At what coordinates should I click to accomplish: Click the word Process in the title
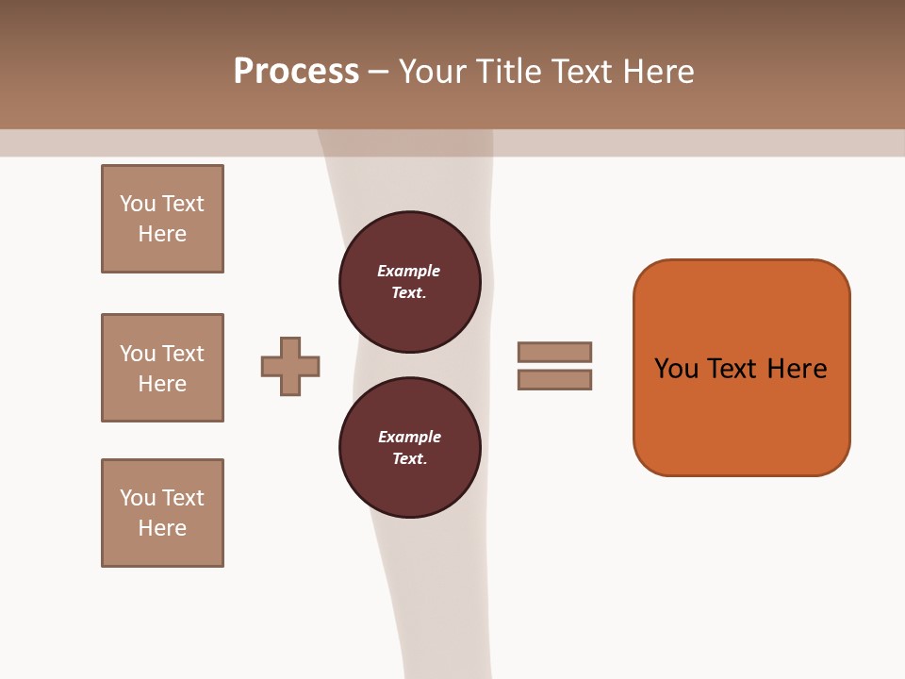(296, 72)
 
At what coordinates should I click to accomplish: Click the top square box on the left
(162, 219)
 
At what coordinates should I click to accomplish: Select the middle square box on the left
(162, 368)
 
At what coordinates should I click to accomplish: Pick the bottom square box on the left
(162, 513)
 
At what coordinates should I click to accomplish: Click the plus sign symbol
(290, 366)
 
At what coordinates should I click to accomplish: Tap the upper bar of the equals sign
(554, 352)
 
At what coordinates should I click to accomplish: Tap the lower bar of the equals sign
(554, 380)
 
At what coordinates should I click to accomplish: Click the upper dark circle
(410, 282)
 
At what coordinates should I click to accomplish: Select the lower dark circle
(410, 448)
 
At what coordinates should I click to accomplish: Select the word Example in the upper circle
(408, 271)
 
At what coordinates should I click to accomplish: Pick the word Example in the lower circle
(409, 437)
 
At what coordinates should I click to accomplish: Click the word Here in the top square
(162, 234)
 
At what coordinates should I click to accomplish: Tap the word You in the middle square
(138, 354)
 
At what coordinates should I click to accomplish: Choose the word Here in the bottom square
(162, 528)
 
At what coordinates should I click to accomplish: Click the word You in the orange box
(676, 369)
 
